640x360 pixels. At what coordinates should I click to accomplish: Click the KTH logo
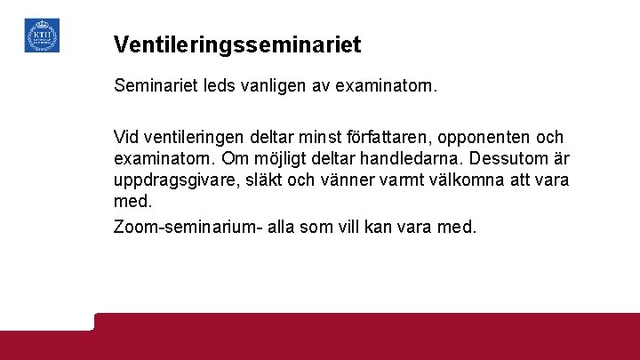click(x=42, y=36)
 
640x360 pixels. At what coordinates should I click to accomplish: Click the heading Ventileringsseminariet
click(x=237, y=44)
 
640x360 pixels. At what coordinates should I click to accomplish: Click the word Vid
click(x=126, y=138)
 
